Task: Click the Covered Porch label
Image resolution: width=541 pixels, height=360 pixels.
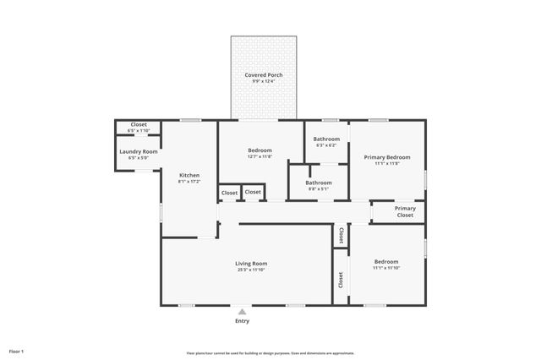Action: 264,75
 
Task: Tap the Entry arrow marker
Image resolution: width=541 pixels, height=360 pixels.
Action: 242,312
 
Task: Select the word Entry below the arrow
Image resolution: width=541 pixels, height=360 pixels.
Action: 242,321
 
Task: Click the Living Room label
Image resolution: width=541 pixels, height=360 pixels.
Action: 250,264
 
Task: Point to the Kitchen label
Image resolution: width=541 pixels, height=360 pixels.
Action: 189,175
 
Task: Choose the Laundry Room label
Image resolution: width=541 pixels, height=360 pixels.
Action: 138,151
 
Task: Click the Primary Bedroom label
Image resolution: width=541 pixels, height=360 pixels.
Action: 387,157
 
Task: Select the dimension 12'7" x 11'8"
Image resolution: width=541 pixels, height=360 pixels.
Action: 260,156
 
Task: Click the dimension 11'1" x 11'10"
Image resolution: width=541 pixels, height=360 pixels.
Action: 386,268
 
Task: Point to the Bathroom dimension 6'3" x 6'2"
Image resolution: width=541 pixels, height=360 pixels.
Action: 326,145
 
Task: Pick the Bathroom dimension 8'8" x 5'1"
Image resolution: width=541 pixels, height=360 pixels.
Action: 319,189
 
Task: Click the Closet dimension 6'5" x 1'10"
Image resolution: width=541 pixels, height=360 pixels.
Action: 138,131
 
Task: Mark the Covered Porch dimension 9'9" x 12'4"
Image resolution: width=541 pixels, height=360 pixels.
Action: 264,82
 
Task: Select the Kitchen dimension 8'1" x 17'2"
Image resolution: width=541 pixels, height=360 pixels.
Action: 189,182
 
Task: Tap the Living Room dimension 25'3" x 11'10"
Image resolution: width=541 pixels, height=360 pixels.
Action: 250,270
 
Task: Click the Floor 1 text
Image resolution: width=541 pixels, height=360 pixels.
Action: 17,350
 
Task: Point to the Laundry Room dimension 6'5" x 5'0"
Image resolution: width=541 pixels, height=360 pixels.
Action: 138,158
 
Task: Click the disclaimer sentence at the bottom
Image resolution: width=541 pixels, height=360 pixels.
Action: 270,353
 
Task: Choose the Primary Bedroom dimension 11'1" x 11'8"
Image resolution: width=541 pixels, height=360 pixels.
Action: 387,164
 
